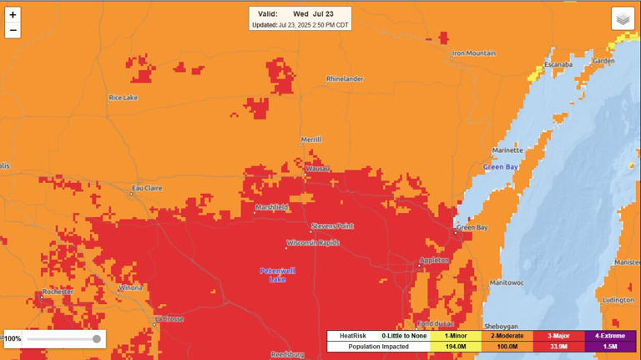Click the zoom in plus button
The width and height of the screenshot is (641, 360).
(x=13, y=15)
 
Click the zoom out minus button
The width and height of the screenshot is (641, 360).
(x=13, y=31)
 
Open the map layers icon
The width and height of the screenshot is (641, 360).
(x=623, y=18)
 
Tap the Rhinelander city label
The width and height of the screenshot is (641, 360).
(x=345, y=79)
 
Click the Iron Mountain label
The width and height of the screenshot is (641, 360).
(x=473, y=53)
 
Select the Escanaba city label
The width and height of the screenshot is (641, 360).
(x=558, y=64)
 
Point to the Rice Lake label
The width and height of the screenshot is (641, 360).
(x=123, y=98)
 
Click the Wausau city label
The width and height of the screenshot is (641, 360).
(x=318, y=168)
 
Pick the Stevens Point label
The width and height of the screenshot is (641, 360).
(x=333, y=226)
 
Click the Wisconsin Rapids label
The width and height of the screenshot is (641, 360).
(x=313, y=243)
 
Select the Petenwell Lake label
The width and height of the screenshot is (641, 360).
(x=277, y=275)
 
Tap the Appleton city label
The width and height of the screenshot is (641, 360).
(x=434, y=261)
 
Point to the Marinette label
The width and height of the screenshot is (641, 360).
(x=507, y=150)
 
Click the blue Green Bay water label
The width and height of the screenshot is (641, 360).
(x=501, y=167)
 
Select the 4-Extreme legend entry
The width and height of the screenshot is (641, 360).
(x=610, y=336)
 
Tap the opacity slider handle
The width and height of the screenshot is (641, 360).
(x=97, y=339)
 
